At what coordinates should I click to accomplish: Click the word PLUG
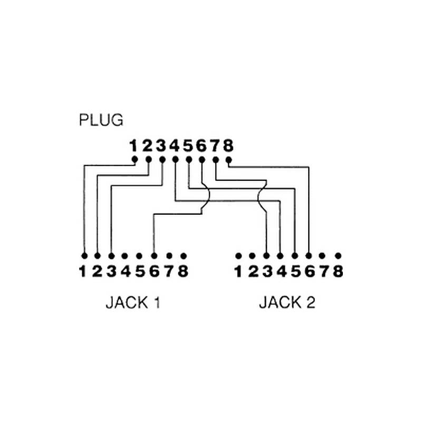tap(101, 120)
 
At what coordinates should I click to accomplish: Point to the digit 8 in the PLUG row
tap(228, 145)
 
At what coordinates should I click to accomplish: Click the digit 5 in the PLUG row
tap(188, 145)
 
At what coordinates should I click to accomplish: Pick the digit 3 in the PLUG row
tap(161, 145)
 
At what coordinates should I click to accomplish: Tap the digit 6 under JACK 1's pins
tap(154, 272)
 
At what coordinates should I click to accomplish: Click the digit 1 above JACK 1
tap(83, 272)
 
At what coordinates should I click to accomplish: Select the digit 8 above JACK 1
tap(183, 272)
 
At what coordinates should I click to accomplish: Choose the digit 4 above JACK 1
tap(125, 272)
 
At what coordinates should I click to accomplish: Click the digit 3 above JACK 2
tap(266, 272)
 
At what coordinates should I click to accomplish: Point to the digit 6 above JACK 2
tap(309, 272)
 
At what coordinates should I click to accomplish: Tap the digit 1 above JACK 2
tap(238, 272)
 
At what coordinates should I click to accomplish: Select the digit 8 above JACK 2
tap(338, 272)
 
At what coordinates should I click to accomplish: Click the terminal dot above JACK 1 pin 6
tap(154, 256)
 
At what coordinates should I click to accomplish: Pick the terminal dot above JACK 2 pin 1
tap(238, 256)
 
